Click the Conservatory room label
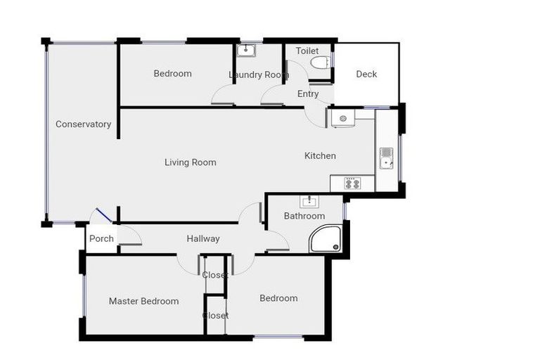pos(83,124)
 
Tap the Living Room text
pos(190,162)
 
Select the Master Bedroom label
pos(143,301)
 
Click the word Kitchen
pos(320,155)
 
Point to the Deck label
pos(366,74)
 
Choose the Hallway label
pos(203,238)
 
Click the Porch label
pos(101,238)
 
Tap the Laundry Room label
pos(259,75)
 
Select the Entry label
pos(308,94)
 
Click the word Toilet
pos(307,51)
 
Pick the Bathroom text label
pos(304,216)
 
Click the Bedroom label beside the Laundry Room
pos(172,74)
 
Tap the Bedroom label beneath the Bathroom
pos(278,298)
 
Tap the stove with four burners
pos(352,184)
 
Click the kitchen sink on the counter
pos(386,158)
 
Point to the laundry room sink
pos(246,50)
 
